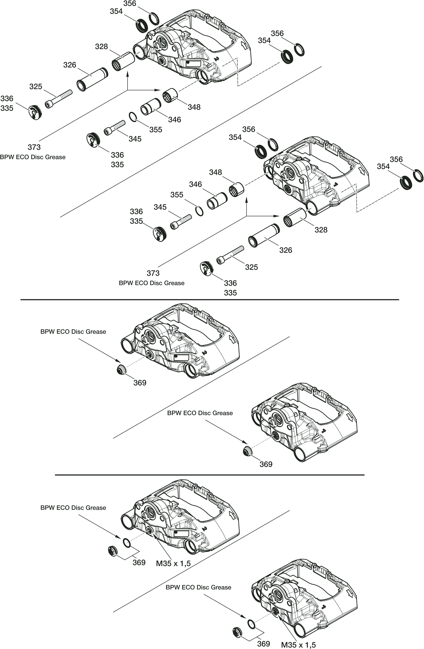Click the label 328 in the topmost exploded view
[x=102, y=47]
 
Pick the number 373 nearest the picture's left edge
[x=34, y=147]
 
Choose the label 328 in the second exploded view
[x=321, y=230]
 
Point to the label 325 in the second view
[x=251, y=267]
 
